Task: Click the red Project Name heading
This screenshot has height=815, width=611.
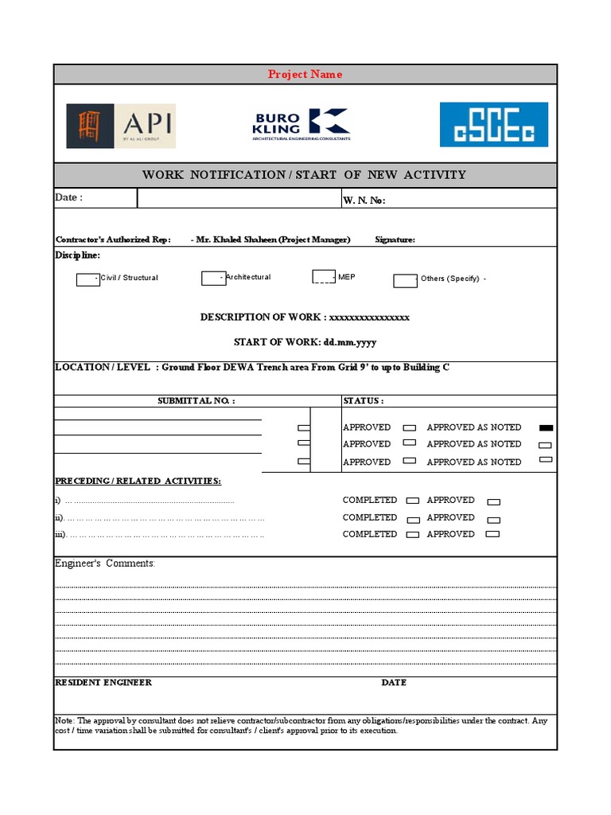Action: (305, 75)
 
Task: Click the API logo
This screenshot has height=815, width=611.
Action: (121, 125)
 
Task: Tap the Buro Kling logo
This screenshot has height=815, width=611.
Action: (301, 124)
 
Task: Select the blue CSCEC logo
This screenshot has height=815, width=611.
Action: (494, 124)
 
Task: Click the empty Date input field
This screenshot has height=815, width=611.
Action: (237, 198)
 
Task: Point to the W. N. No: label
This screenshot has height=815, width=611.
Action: (364, 201)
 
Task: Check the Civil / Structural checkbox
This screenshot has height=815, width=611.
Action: (88, 279)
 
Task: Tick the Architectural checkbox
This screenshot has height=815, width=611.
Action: (212, 278)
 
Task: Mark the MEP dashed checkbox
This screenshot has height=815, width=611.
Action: (324, 277)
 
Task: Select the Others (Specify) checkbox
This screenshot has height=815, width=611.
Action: (405, 279)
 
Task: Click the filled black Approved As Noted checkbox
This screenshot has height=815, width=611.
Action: (546, 428)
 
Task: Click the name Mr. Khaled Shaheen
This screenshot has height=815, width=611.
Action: (236, 240)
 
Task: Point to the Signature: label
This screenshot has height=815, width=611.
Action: (395, 240)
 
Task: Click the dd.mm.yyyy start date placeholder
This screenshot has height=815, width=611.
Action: (349, 342)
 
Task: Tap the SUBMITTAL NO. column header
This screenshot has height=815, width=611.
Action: (197, 401)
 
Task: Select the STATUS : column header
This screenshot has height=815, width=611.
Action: (364, 401)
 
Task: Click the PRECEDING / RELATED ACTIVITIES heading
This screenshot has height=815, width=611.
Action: (138, 481)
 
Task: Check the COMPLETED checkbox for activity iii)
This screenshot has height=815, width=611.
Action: (413, 535)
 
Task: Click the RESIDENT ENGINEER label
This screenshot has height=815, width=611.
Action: (103, 683)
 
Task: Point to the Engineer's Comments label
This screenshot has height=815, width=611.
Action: (105, 563)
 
